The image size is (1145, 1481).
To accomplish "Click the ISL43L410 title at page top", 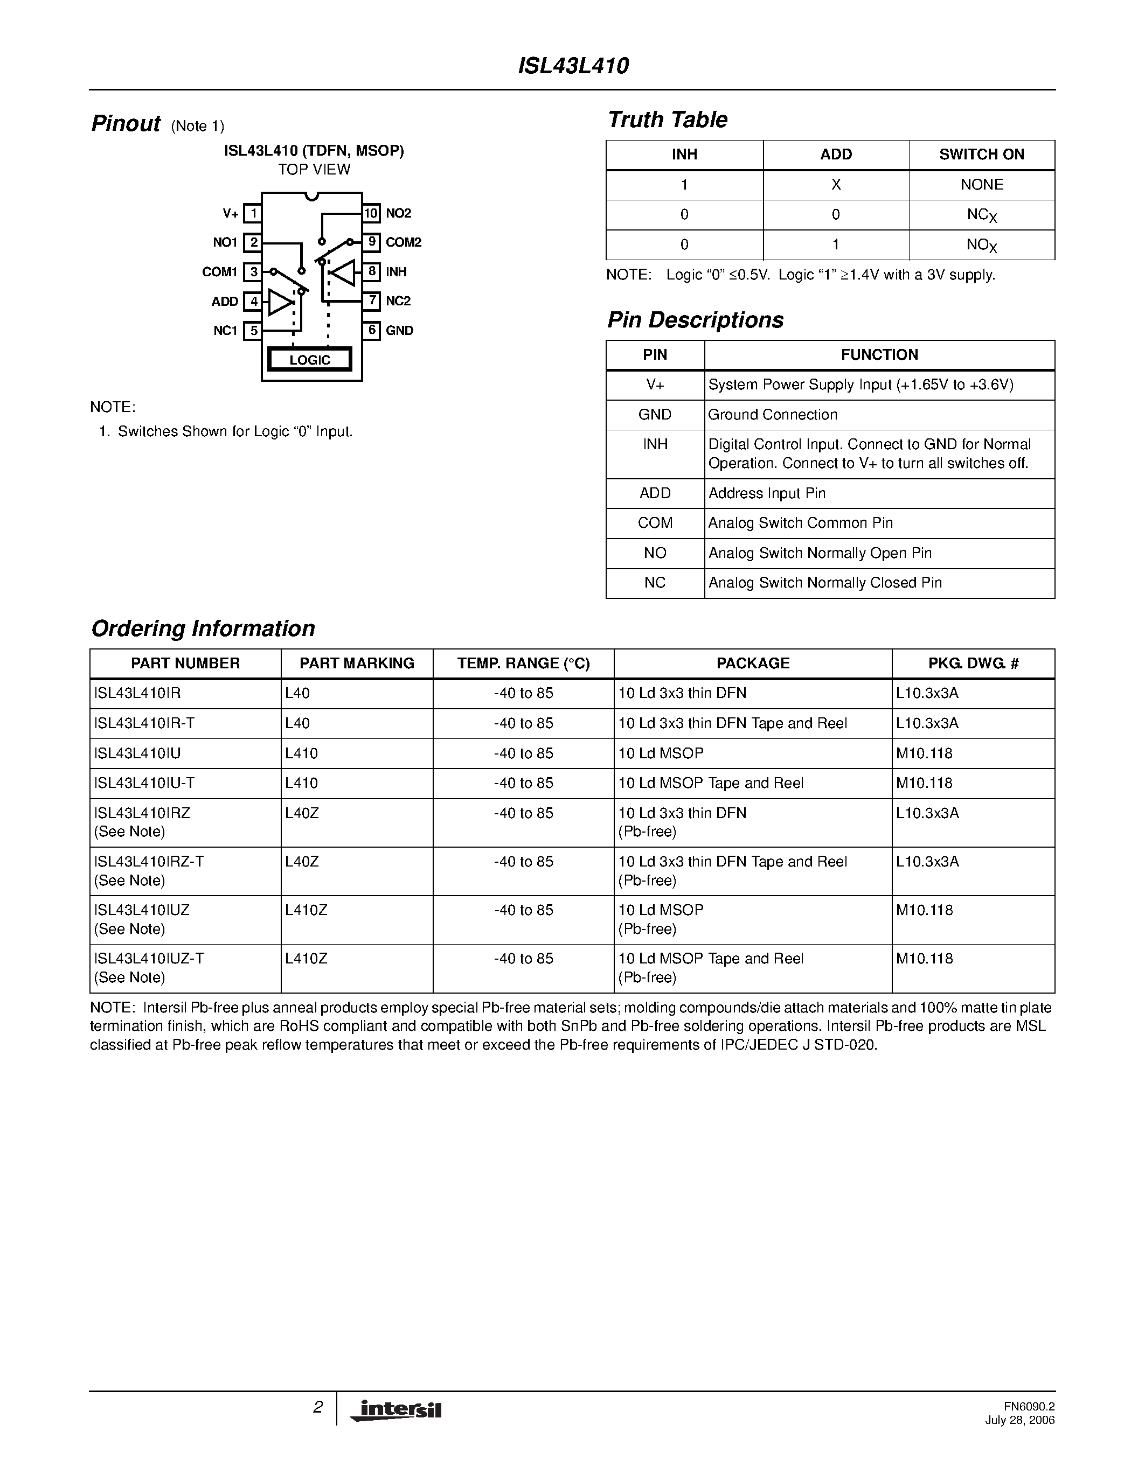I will [573, 66].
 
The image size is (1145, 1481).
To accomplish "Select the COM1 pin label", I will [219, 272].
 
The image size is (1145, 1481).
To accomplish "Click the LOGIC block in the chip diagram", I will [310, 359].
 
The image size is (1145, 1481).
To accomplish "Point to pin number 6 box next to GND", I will [371, 330].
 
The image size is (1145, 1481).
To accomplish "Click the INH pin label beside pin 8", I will [396, 272].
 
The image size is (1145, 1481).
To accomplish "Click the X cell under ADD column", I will [836, 184].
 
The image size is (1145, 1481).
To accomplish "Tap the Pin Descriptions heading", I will [695, 319].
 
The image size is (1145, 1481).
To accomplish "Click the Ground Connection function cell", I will [773, 414].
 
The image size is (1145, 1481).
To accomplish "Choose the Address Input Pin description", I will [767, 493].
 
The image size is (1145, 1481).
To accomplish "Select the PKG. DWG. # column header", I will [973, 663].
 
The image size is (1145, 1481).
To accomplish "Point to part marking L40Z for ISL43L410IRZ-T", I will [302, 861].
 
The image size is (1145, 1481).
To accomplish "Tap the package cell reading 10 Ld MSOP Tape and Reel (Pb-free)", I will [710, 968].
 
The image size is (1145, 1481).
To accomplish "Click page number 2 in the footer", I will [317, 1408].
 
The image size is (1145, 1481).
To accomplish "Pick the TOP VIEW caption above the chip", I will [314, 170].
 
